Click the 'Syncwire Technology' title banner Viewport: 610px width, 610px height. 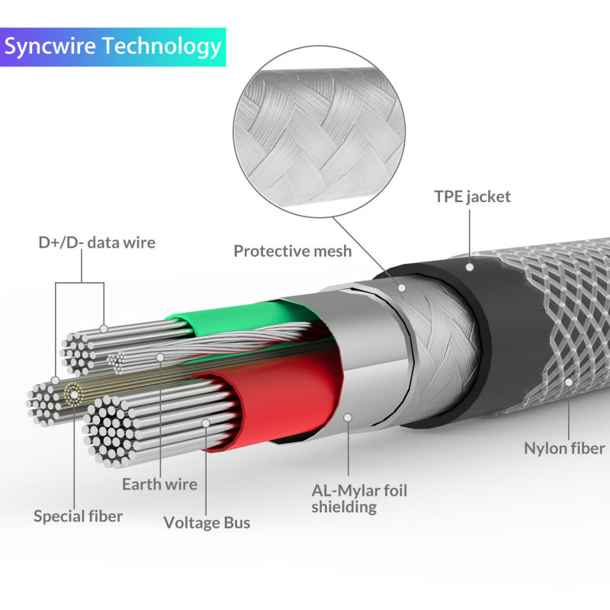click(x=113, y=46)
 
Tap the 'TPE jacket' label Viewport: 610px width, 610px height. click(x=472, y=197)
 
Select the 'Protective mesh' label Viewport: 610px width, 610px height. click(x=293, y=251)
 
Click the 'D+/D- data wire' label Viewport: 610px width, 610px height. click(x=97, y=243)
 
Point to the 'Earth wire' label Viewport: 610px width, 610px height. click(x=159, y=483)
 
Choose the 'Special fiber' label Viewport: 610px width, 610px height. click(x=78, y=516)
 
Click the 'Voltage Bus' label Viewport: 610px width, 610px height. click(x=207, y=522)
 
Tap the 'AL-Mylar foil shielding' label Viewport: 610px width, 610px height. click(x=359, y=498)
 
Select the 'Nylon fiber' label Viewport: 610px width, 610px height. click(x=564, y=448)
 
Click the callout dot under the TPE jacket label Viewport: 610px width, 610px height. click(x=470, y=267)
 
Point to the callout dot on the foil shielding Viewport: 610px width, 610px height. click(x=348, y=417)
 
